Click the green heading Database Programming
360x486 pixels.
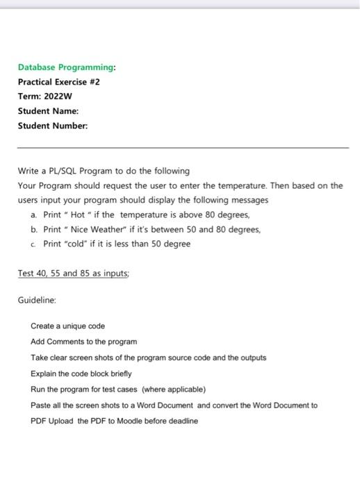[67, 67]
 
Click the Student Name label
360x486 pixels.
[48, 111]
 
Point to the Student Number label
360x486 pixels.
[52, 126]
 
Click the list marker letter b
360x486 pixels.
[34, 229]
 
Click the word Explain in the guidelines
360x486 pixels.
[44, 374]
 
